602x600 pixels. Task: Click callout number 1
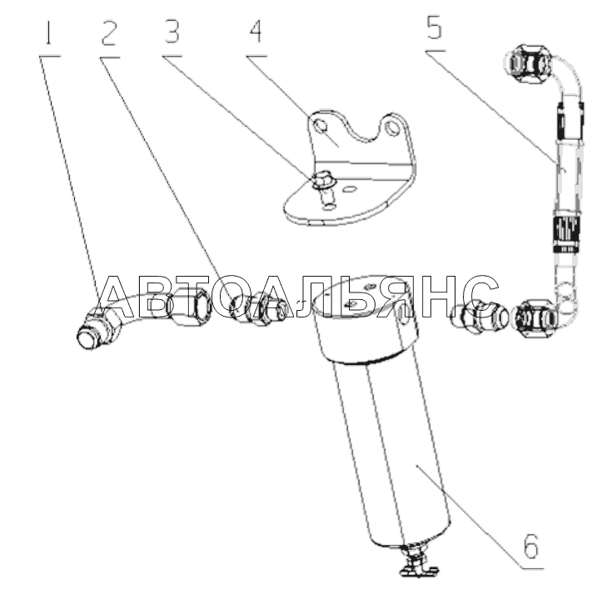click(49, 35)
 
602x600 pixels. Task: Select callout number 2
click(108, 35)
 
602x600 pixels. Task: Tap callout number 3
click(172, 35)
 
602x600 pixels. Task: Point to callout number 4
click(256, 35)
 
